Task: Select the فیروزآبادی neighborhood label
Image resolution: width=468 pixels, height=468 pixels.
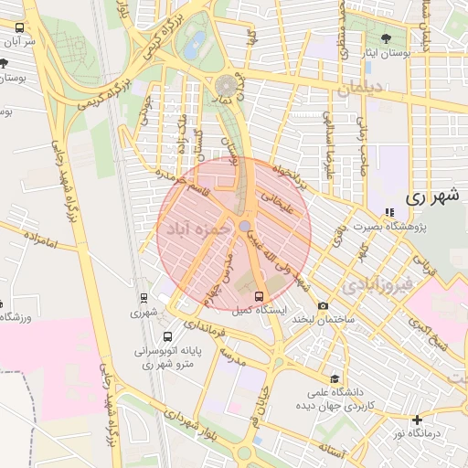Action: coord(376,286)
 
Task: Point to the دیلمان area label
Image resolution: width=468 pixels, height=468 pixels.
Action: coord(363,90)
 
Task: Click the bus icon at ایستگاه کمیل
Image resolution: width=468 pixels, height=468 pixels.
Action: coord(259,296)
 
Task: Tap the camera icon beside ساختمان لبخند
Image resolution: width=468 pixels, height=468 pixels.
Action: coord(323,306)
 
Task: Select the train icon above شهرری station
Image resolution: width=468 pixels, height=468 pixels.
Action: coord(144,297)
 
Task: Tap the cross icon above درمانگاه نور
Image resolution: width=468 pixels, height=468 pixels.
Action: coord(418,419)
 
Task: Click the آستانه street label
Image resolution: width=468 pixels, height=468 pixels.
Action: coord(332,449)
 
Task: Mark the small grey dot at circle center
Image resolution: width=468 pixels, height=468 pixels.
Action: coord(244,226)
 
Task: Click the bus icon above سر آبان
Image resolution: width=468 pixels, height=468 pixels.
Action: coord(19,27)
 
